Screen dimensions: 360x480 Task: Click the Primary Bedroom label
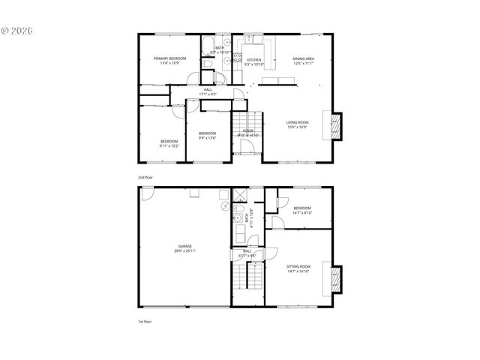pos(169,61)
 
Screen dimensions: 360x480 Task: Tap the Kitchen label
pos(254,61)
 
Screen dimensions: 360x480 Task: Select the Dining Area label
pos(304,61)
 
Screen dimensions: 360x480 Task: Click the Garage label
pos(184,248)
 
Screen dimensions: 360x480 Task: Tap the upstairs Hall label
pos(208,91)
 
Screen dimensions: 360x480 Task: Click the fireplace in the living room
pos(335,126)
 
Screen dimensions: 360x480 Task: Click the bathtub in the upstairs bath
pos(208,49)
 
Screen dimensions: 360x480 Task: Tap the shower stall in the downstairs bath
pos(240,195)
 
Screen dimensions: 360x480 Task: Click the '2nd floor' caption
pos(145,177)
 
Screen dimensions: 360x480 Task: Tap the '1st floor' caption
pos(145,321)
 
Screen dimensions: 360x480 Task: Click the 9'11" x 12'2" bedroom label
pos(169,143)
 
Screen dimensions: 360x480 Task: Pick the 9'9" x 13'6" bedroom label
pos(207,136)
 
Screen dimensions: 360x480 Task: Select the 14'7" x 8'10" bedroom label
pos(302,210)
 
